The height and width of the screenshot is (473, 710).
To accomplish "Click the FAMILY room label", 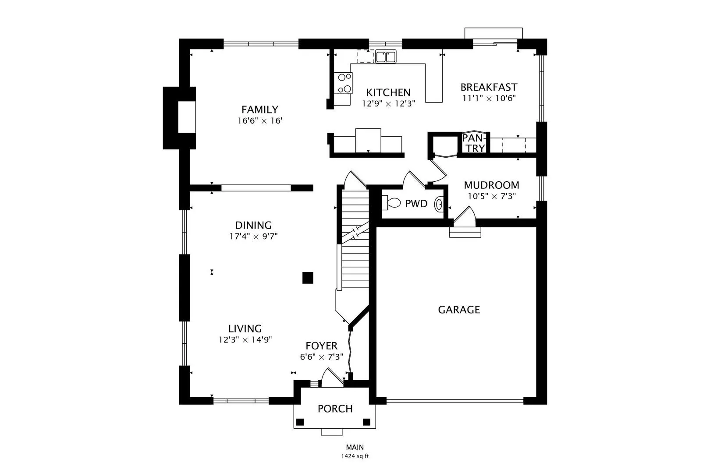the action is click(260, 109).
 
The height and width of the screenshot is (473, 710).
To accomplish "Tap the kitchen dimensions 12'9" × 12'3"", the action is click(389, 104).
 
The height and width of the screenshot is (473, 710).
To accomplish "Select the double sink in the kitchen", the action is click(386, 56).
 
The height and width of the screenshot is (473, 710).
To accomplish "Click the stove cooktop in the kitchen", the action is click(343, 83).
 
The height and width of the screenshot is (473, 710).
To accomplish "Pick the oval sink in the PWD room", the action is click(439, 205).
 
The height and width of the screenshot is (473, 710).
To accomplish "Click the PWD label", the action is click(416, 204).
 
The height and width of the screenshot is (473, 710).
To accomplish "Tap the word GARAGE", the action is click(459, 310).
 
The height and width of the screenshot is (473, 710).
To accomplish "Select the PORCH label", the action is click(335, 409).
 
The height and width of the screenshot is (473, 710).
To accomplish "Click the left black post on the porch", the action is click(300, 422).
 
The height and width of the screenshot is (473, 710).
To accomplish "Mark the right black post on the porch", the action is click(366, 422).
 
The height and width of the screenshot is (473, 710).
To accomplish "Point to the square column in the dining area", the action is click(308, 278).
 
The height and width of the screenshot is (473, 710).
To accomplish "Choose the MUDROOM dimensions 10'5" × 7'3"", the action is click(492, 196).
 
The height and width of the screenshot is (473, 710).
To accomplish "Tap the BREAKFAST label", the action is click(489, 87).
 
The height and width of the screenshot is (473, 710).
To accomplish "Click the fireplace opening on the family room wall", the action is click(187, 117).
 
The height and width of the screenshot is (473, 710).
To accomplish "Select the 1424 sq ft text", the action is click(355, 456).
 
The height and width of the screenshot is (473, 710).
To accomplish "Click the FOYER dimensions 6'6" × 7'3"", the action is click(321, 357).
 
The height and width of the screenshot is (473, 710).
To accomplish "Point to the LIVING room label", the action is click(245, 328).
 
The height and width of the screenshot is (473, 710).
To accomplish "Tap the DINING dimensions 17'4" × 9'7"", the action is click(254, 236).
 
